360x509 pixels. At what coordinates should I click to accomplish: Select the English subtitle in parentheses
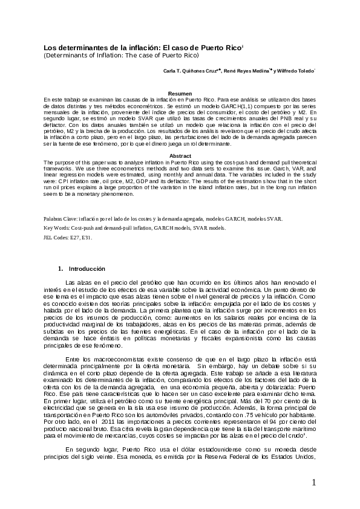(120, 55)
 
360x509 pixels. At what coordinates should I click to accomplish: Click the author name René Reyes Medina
(246, 71)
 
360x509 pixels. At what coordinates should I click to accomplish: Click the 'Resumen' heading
(180, 93)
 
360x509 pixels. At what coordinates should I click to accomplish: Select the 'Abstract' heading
(180, 156)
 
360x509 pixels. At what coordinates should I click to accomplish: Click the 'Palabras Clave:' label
(62, 218)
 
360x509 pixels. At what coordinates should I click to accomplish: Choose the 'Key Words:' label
(57, 228)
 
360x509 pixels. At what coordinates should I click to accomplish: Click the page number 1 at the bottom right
(314, 482)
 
